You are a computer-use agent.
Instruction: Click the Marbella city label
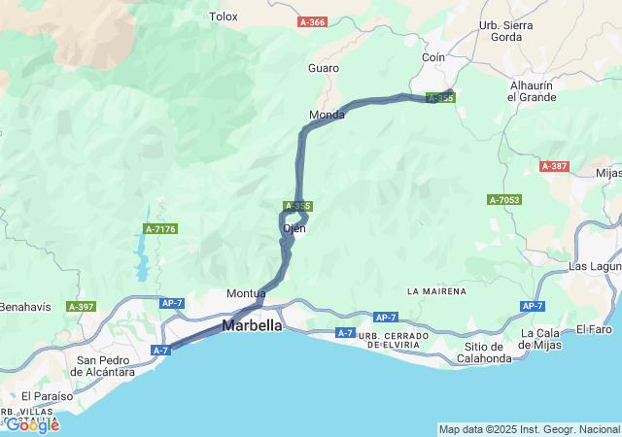253,326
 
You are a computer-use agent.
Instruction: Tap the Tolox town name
224,17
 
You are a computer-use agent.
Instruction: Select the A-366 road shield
312,20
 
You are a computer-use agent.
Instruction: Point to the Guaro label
324,68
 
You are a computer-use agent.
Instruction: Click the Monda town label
327,115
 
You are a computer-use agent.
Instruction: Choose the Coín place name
433,58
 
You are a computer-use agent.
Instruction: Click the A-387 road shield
553,166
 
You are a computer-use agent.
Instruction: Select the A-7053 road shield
504,200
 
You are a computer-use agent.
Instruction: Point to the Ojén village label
294,229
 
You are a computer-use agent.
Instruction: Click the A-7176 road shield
159,228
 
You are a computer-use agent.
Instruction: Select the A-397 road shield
81,307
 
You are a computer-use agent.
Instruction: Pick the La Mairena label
436,291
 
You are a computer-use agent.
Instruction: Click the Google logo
32,424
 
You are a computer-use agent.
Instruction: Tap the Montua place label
246,293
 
